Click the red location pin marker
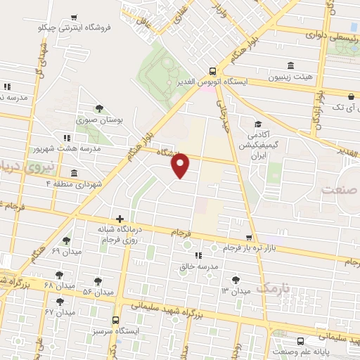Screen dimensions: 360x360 [181, 165]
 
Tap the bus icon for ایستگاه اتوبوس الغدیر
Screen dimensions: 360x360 [212, 70]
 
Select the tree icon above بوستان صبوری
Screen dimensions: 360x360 [99, 108]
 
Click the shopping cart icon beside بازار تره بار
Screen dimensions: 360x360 [248, 237]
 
